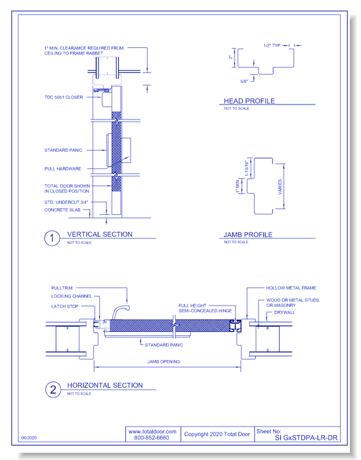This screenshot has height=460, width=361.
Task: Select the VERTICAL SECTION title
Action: [100, 235]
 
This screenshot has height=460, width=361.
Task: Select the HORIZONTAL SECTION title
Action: [105, 386]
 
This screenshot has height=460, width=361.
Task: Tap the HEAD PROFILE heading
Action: [249, 101]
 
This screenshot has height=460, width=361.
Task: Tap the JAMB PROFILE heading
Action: [248, 235]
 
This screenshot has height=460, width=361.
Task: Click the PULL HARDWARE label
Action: [63, 169]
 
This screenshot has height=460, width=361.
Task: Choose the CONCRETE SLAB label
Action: [62, 210]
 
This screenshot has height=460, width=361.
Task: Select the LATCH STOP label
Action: [64, 306]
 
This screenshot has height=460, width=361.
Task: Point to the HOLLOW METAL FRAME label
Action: [292, 288]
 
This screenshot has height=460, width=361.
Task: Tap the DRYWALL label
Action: [286, 313]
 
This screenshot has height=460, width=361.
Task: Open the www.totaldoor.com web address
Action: [153, 430]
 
